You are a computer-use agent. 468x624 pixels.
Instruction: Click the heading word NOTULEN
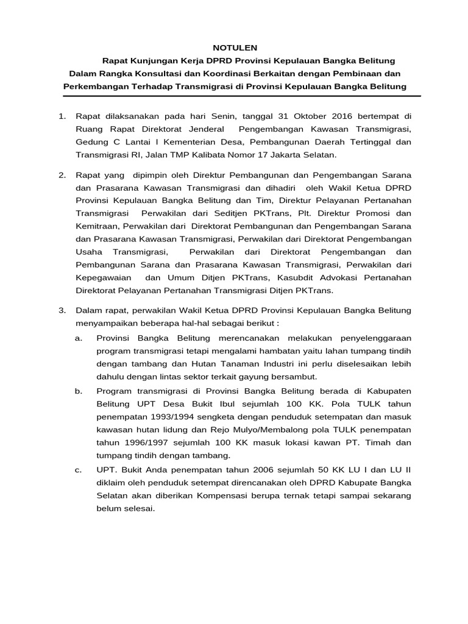[235, 48]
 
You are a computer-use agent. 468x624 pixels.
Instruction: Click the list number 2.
[62, 175]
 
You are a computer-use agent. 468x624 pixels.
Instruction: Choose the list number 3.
[62, 310]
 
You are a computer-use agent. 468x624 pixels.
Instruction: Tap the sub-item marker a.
[79, 337]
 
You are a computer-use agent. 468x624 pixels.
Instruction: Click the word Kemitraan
[97, 226]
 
